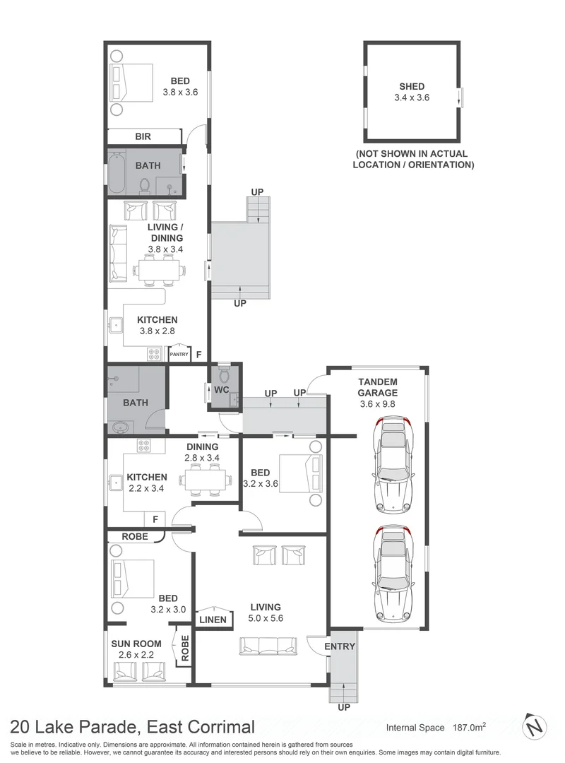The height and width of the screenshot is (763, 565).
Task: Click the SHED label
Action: click(412, 87)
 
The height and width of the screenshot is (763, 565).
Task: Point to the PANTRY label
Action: click(179, 355)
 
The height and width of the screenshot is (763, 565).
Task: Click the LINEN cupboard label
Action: click(213, 620)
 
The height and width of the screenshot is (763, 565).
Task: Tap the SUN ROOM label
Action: click(136, 644)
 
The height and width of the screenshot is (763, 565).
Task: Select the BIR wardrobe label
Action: click(144, 137)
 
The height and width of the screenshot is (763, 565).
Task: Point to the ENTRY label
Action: click(340, 646)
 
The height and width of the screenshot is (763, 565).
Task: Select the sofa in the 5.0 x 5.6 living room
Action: click(268, 645)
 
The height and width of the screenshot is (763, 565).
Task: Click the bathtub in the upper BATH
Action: click(117, 172)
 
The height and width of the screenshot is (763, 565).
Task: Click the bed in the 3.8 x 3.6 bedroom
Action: click(132, 83)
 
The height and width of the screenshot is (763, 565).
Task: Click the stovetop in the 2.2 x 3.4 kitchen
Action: click(144, 446)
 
